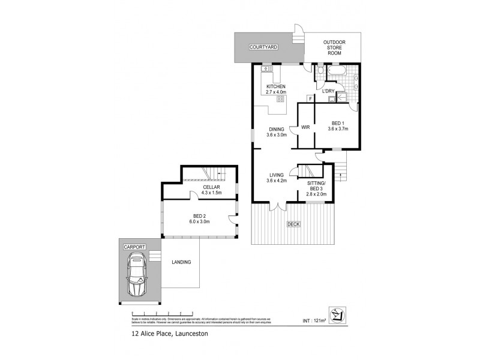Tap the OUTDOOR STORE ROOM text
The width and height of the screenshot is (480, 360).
335,47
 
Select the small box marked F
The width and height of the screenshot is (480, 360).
309,98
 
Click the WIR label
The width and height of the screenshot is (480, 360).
305,127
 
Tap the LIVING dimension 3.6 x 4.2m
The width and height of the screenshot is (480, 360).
277,181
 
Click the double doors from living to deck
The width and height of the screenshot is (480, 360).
275,206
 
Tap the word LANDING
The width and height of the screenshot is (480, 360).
181,262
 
